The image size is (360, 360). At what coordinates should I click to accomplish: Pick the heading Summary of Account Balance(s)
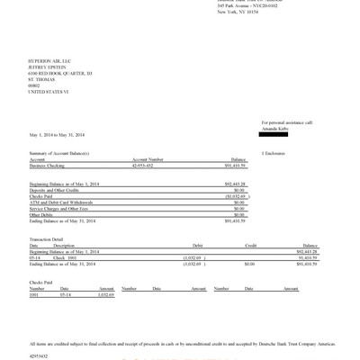(x=60, y=154)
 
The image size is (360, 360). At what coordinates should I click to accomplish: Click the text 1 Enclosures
(x=274, y=154)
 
